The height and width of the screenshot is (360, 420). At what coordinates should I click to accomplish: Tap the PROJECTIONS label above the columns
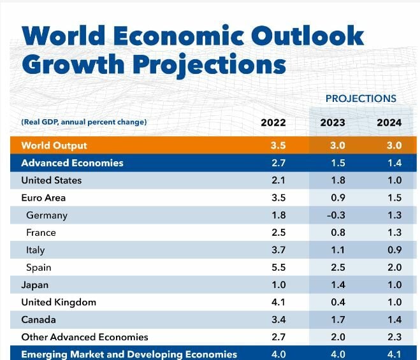point(361,99)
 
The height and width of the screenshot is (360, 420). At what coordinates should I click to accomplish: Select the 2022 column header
point(273,122)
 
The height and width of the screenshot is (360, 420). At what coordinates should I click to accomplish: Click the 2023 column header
point(332,122)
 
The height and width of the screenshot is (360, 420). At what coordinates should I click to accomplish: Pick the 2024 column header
point(389,122)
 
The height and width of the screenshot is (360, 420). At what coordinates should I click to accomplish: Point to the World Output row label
point(54,145)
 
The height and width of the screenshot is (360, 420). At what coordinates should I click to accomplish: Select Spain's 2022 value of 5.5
point(278,268)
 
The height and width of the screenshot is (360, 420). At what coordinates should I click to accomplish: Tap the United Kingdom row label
point(59,302)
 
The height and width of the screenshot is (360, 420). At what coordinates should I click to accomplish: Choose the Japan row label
point(35,285)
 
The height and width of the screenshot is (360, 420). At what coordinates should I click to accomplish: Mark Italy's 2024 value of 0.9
point(393,250)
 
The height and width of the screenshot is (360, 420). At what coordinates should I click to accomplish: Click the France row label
point(41,233)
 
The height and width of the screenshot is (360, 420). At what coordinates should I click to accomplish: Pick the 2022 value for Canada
point(278,319)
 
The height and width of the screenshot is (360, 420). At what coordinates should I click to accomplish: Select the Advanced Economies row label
point(72,163)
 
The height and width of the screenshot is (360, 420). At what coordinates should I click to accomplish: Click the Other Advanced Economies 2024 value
point(393,336)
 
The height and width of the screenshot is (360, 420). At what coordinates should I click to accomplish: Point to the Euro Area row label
point(43,198)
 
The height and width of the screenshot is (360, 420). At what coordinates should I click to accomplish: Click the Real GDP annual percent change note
point(83,122)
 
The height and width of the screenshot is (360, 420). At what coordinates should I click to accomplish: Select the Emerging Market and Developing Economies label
point(129,354)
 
